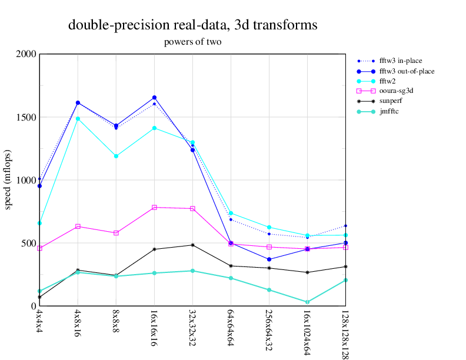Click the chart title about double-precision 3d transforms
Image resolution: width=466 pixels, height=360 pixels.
[192, 25]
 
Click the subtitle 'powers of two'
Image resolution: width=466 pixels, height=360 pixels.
[192, 42]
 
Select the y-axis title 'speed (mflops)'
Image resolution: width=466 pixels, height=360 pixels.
[9, 179]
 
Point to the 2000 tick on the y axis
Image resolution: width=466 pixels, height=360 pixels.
[26, 54]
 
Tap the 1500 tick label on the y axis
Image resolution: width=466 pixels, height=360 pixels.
[26, 117]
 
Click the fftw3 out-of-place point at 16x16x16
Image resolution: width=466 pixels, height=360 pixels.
[154, 98]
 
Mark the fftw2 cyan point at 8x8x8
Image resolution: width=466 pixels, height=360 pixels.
[116, 156]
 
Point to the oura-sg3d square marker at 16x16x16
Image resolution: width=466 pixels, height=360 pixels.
[154, 207]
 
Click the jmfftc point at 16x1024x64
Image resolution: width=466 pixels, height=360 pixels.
[307, 302]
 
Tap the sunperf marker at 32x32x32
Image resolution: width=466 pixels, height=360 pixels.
[192, 245]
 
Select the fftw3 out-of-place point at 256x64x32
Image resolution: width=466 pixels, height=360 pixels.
[269, 259]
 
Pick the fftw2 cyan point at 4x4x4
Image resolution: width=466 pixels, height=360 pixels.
[39, 223]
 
